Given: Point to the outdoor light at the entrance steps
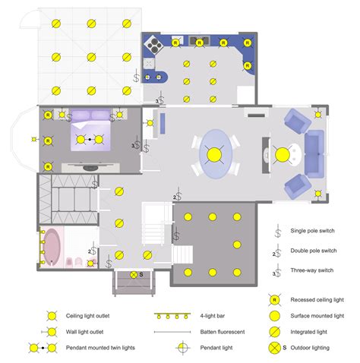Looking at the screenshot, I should point(134,274).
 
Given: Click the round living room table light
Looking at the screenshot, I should point(283,154).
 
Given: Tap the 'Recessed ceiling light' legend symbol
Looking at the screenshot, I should point(271,300).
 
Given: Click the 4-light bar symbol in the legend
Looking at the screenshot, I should point(172,315).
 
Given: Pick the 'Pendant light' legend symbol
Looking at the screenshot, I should point(183,348).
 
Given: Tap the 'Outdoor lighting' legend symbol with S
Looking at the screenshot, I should point(273,348).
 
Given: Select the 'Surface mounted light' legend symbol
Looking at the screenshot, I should point(271,315).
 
